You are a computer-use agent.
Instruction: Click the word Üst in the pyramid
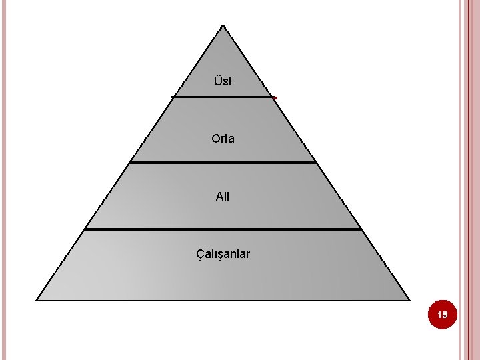click(223, 81)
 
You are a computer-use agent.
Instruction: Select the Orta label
click(223, 139)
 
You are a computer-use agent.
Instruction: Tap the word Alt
click(223, 197)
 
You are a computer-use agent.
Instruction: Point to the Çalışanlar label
click(223, 254)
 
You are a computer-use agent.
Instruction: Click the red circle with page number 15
click(443, 314)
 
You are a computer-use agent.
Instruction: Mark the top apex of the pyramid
click(223, 26)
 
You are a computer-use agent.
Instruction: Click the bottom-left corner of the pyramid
click(37, 299)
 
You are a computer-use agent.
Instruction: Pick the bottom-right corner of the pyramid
click(409, 299)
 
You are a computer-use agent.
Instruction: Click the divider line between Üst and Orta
click(223, 97)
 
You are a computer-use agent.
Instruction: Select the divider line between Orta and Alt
click(223, 162)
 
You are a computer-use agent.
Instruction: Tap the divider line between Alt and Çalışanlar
click(223, 229)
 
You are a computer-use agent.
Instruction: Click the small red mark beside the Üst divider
click(275, 99)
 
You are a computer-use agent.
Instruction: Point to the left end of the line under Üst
click(173, 97)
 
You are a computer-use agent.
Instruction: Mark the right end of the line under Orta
click(315, 162)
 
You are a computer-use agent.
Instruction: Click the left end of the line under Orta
click(131, 162)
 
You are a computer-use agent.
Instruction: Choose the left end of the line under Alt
click(85, 229)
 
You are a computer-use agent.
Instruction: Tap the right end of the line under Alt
click(360, 229)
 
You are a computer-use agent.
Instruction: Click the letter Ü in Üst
click(217, 81)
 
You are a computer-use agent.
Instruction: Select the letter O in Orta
click(215, 139)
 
